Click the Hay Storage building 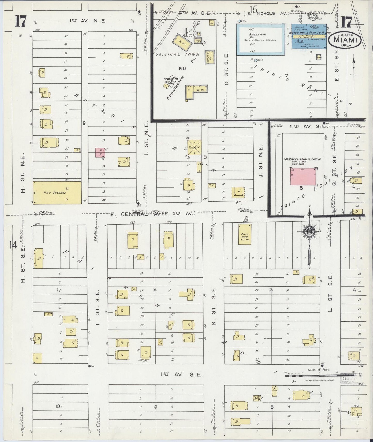(x=57, y=193)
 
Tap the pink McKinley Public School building (x=303, y=177)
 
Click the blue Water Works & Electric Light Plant (x=309, y=36)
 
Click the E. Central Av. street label (x=152, y=214)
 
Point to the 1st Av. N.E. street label (x=88, y=21)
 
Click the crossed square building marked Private (x=194, y=147)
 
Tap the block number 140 (x=182, y=68)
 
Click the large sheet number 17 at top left (x=20, y=21)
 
